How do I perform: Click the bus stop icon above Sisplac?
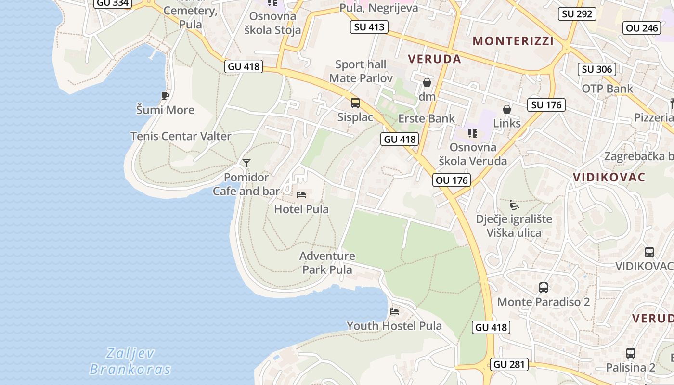coord(355,103)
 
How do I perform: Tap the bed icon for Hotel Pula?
coord(301,195)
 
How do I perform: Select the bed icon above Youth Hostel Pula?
coord(394,311)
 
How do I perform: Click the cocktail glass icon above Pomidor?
coord(246,163)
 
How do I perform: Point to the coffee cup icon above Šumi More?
coord(165,96)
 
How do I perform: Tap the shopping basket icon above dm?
coord(427,82)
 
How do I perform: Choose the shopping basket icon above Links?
coord(506,109)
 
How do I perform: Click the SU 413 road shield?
coord(369,27)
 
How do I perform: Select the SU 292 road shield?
coord(577,14)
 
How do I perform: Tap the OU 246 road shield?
coord(642,28)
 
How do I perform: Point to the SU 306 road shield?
coord(597,69)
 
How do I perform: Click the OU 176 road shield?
coord(451,180)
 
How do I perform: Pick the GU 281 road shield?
coord(509,364)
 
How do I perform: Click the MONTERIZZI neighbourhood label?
coord(513,41)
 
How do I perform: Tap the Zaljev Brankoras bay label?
coord(130,361)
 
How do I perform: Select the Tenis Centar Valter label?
coord(181,136)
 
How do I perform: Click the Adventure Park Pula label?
coord(327,263)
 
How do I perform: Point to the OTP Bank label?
coord(608,89)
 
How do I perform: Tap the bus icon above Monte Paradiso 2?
coord(544,288)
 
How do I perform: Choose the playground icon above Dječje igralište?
coord(514,205)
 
